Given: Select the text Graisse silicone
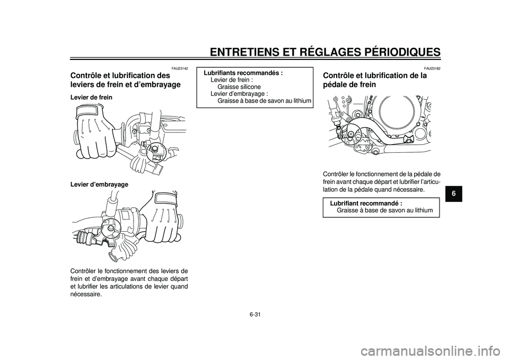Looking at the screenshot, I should pyautogui.click(x=239, y=87).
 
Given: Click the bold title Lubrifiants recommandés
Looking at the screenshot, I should pyautogui.click(x=243, y=73).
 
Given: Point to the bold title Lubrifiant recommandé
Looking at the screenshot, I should pyautogui.click(x=366, y=203).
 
